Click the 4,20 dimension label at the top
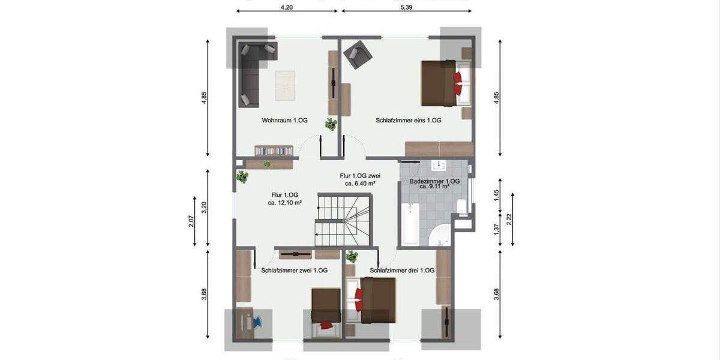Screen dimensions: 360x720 tap(287, 7)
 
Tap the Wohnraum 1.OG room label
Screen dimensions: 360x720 tap(284, 121)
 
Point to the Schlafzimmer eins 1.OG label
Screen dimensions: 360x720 tap(409, 121)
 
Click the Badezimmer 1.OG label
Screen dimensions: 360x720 tap(434, 181)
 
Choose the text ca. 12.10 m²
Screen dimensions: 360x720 tap(284, 203)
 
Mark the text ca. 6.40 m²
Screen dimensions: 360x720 tap(360, 184)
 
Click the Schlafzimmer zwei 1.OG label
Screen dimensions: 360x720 tap(295, 271)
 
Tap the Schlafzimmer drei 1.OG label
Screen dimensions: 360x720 tap(402, 271)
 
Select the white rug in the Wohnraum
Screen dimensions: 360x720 tap(286, 86)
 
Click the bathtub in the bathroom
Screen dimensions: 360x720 tap(410, 225)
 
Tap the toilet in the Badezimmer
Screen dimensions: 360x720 tap(461, 207)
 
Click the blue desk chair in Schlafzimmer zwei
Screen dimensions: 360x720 tap(256, 322)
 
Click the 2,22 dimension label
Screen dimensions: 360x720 tap(509, 220)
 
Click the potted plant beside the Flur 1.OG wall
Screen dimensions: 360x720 tap(242, 177)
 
